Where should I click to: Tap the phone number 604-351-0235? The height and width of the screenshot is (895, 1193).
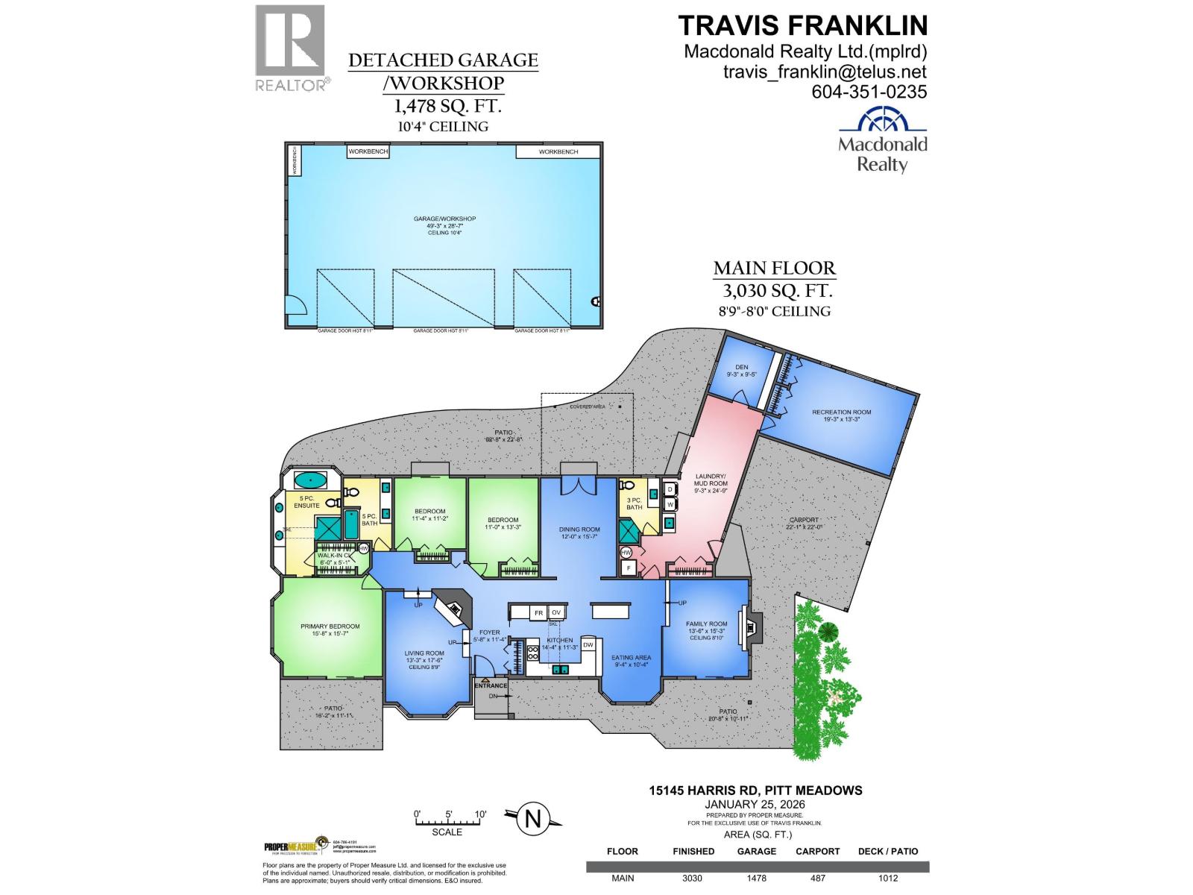[x=869, y=92]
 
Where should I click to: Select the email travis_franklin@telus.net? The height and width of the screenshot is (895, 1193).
[x=825, y=72]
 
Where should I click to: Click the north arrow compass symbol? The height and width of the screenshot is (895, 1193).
[x=532, y=818]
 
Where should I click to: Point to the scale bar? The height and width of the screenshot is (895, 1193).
[x=450, y=822]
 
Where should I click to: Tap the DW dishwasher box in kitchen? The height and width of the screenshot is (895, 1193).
[x=588, y=644]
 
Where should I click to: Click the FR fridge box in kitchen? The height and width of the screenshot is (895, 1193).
[x=538, y=612]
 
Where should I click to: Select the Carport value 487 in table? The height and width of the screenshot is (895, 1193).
[x=817, y=878]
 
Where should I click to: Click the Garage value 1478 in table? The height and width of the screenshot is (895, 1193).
[x=756, y=878]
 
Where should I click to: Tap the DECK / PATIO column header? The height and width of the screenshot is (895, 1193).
[x=888, y=851]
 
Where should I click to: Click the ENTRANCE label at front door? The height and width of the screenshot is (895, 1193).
[x=491, y=685]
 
